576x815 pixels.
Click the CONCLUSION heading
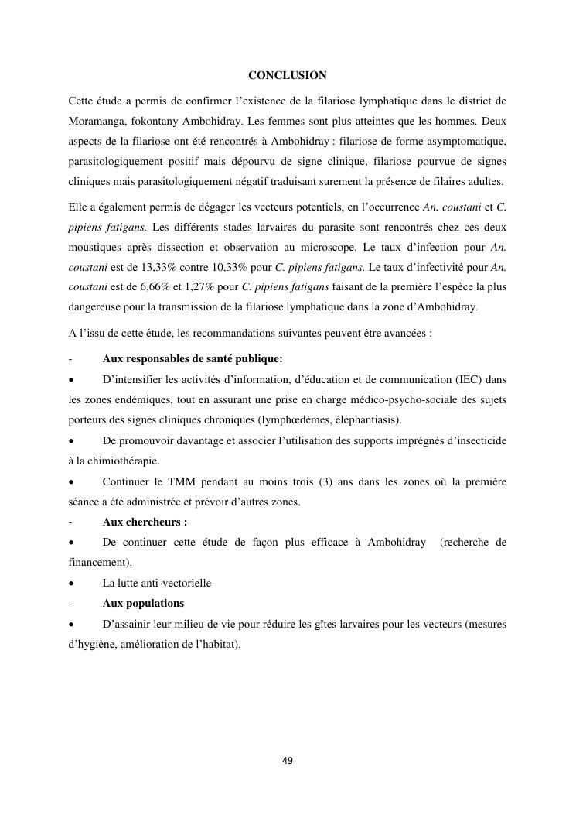coord(287,76)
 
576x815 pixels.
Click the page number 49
coord(288,761)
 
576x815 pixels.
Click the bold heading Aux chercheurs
coord(145,522)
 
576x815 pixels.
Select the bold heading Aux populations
coord(143,603)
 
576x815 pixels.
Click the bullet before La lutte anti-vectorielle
coord(71,584)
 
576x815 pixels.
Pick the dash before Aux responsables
coord(70,359)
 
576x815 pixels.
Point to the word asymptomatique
coord(462,141)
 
